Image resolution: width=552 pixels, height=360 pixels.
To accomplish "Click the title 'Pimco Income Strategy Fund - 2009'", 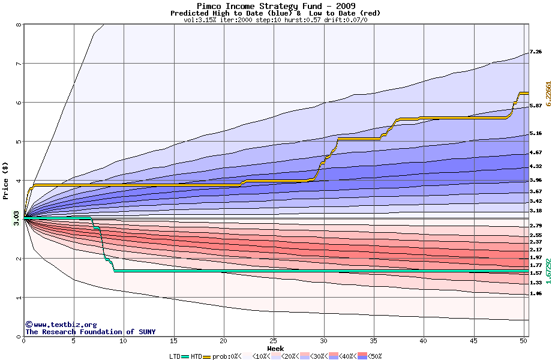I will [x=276, y=6].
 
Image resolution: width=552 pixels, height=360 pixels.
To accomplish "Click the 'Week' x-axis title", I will [x=275, y=349].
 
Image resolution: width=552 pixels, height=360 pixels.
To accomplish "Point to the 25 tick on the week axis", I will [x=274, y=341].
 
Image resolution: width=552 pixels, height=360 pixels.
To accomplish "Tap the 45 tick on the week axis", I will [x=473, y=341].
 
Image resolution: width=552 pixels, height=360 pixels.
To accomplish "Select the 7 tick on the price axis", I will [x=18, y=64].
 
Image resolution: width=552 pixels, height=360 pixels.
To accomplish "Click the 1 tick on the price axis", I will [x=18, y=298].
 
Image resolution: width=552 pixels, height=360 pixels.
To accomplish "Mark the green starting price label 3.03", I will [x=16, y=217].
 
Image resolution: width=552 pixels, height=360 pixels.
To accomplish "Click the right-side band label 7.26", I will [x=536, y=52].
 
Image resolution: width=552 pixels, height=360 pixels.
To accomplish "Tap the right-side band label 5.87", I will [x=536, y=106].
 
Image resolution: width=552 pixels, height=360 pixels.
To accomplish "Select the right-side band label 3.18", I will [x=536, y=211].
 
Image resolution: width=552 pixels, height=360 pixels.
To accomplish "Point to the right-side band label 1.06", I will [x=536, y=293].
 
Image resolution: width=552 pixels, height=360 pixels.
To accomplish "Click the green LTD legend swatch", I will [x=185, y=356].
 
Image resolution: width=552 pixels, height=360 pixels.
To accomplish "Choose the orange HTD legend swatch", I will [x=207, y=356].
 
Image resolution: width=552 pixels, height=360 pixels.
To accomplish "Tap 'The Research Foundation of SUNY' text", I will [x=90, y=332].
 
